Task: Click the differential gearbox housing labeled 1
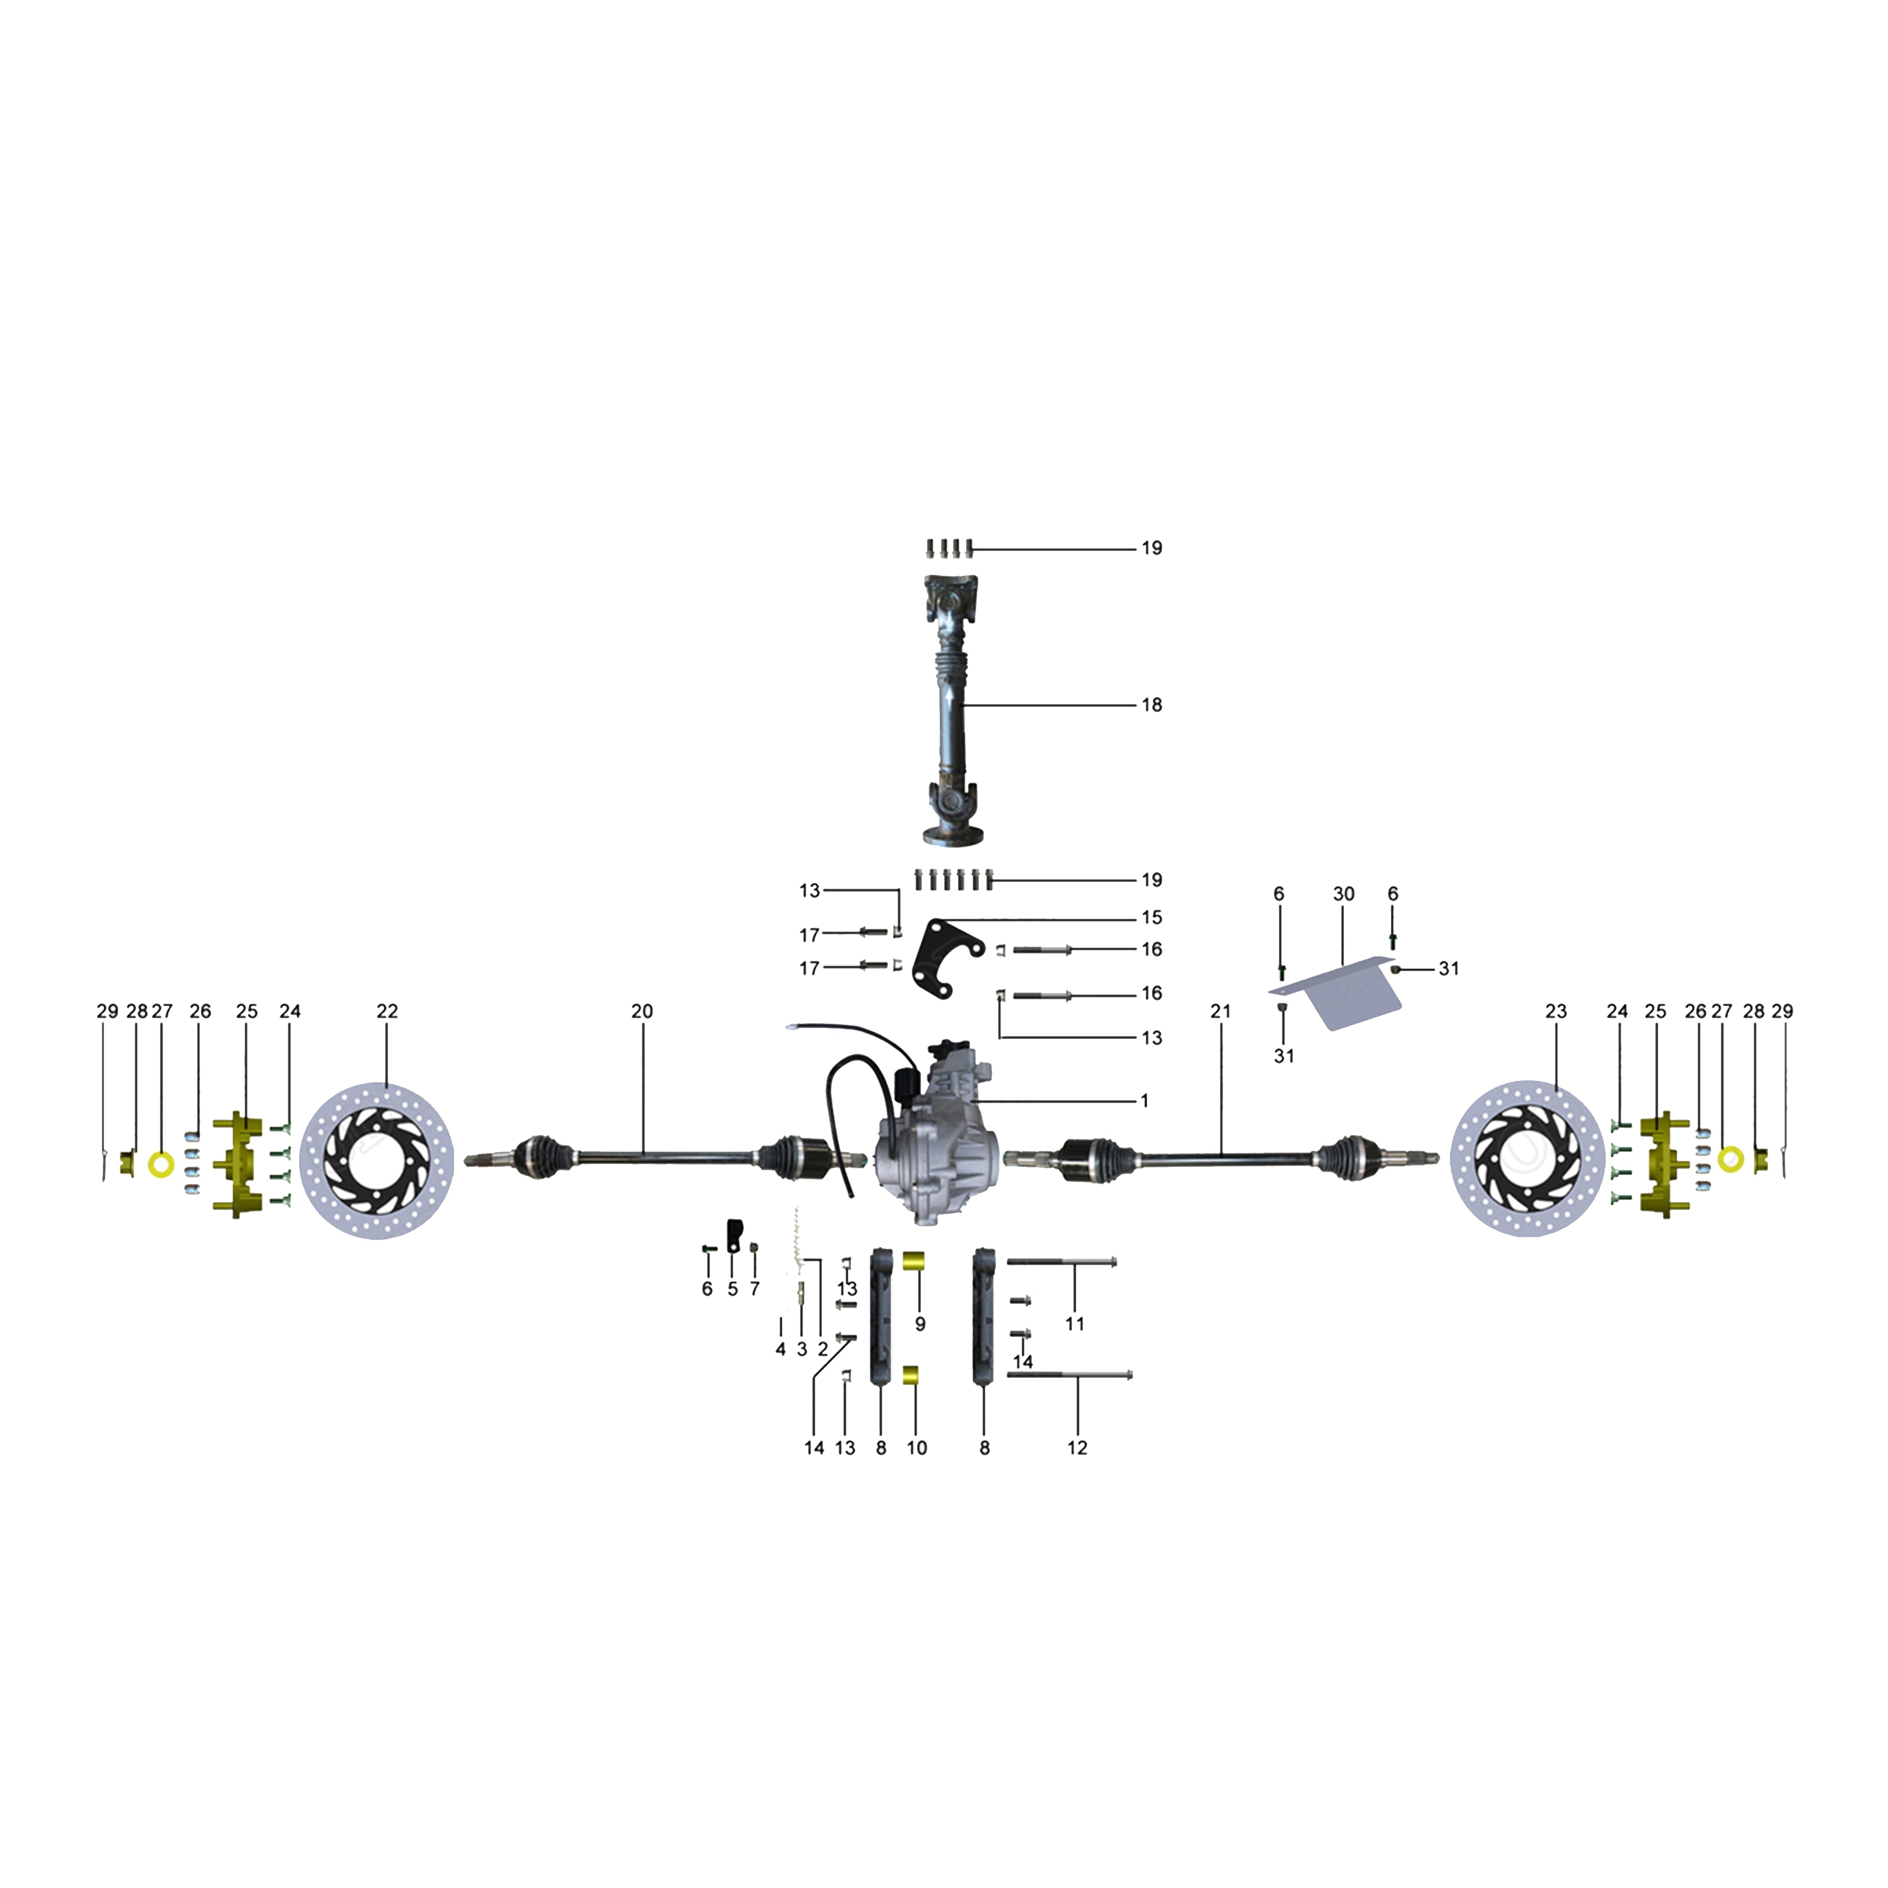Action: tap(938, 1153)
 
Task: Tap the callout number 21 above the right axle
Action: tap(1221, 1011)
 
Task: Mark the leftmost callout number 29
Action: tap(108, 1011)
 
